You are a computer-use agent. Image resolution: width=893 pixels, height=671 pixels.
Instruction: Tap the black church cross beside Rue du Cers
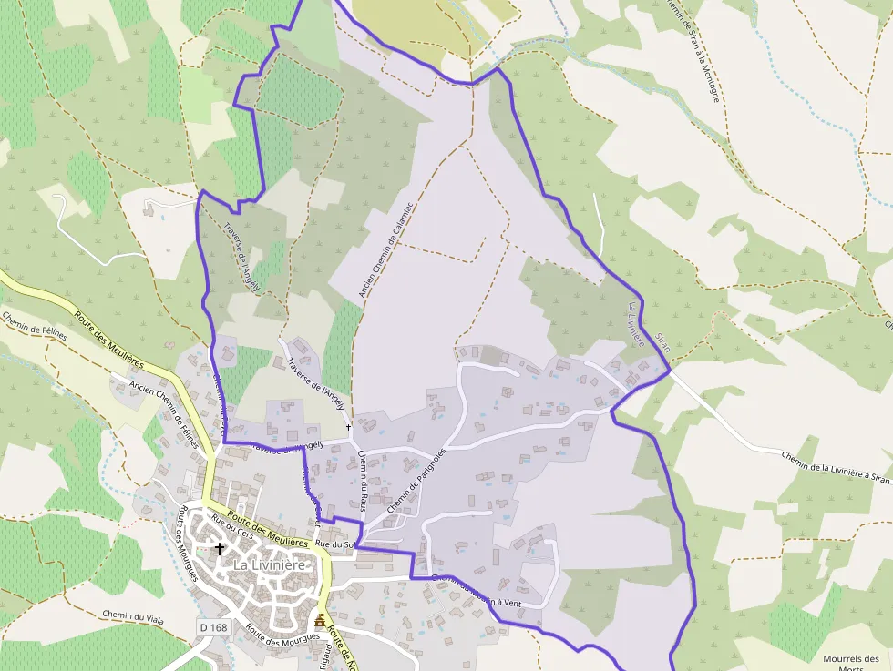(x=219, y=548)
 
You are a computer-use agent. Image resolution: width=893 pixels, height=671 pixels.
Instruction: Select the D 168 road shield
(x=212, y=628)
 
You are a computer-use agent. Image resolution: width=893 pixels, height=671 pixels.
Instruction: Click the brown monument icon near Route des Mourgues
(x=320, y=622)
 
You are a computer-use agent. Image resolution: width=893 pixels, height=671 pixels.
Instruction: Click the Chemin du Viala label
(x=133, y=616)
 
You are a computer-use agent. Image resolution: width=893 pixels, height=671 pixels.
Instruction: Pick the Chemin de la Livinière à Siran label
(x=835, y=466)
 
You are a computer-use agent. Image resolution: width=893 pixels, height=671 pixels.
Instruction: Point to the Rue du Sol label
(x=334, y=544)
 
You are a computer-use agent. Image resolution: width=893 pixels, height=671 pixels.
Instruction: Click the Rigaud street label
(x=323, y=658)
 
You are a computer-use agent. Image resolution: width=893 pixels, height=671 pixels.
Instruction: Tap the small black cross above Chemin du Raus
(x=348, y=426)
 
